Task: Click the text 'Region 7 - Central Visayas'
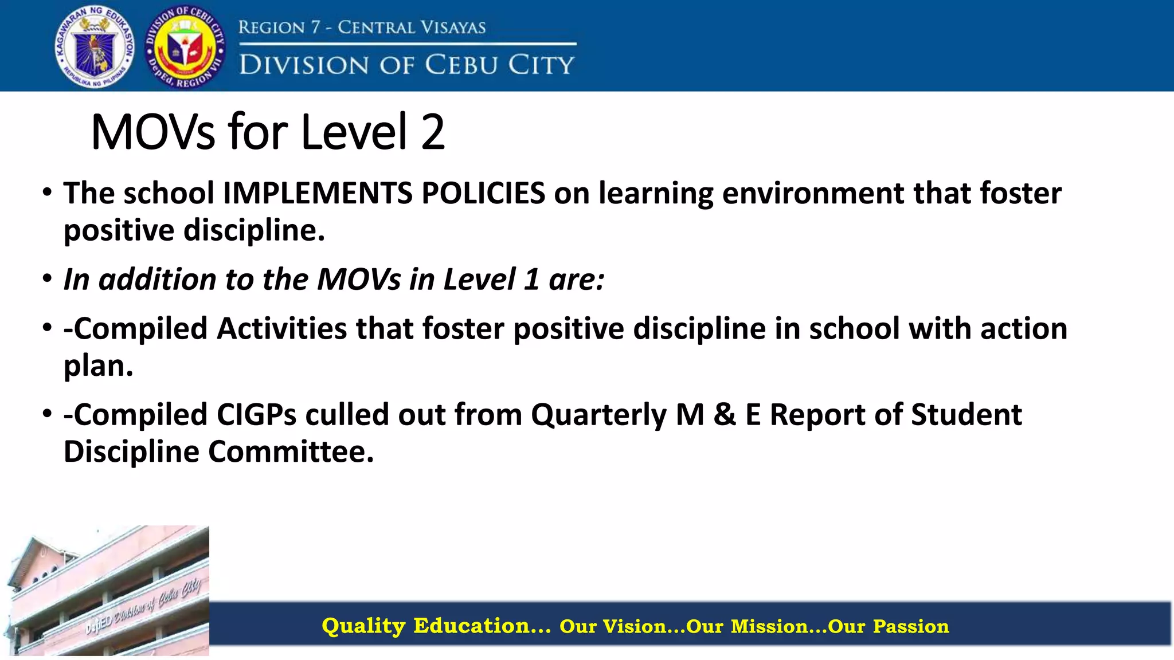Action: tap(362, 27)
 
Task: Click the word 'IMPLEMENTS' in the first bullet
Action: tap(317, 193)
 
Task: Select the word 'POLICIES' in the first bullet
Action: tap(483, 193)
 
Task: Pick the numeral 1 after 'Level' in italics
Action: tap(532, 280)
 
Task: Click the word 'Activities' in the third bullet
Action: tap(282, 329)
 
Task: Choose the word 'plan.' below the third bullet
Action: tap(98, 366)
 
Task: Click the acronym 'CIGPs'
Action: tap(256, 415)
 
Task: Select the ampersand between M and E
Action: tap(725, 415)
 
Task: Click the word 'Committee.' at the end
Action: tap(291, 451)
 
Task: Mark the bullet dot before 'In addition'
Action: tap(47, 280)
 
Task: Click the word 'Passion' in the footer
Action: tap(911, 626)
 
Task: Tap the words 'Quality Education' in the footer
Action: tap(436, 626)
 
